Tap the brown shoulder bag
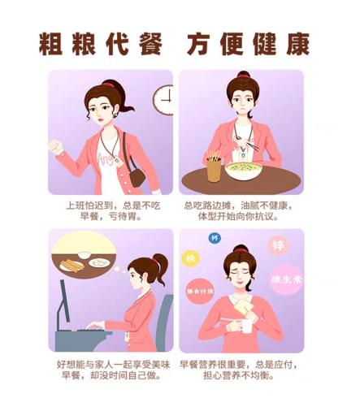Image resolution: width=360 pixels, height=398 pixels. click(x=137, y=173)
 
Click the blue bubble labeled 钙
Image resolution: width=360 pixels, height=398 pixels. click(x=215, y=238)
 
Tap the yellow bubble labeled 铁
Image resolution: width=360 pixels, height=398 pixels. click(x=192, y=257)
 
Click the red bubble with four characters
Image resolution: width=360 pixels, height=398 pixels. click(x=200, y=290)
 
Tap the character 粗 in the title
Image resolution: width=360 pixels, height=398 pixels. click(x=53, y=44)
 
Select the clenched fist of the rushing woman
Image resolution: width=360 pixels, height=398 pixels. click(x=55, y=148)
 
